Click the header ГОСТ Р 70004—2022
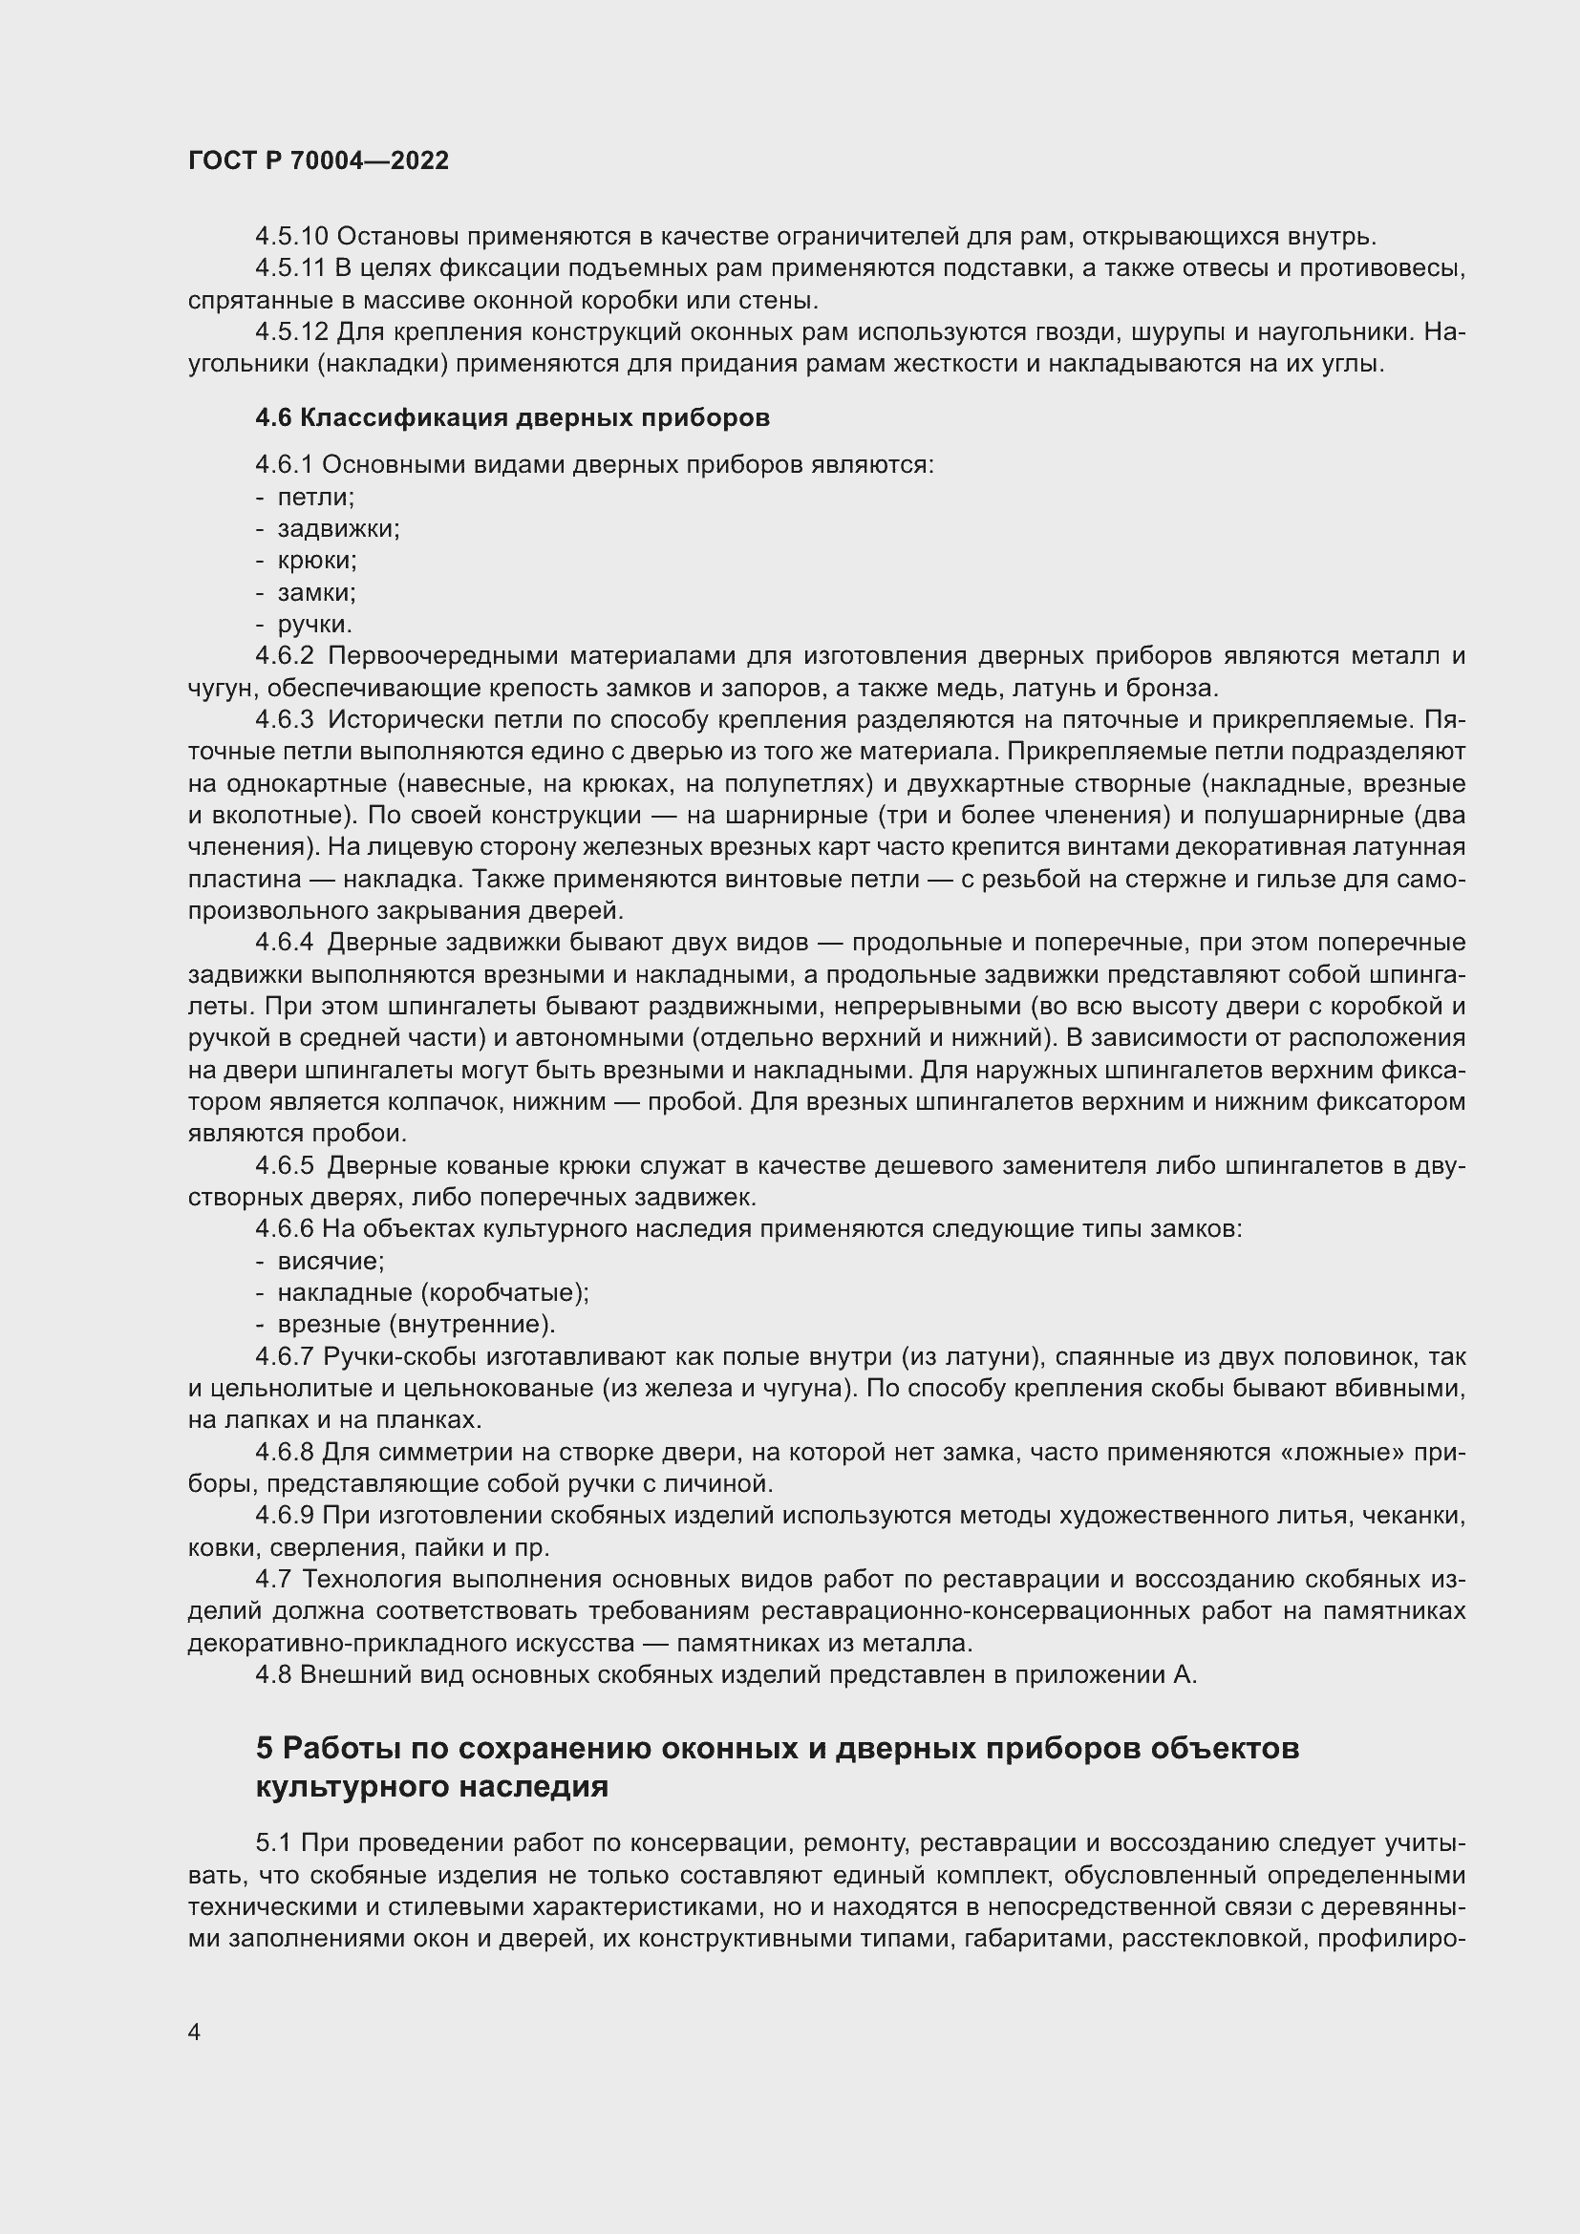(318, 161)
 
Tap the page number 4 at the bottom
(195, 2032)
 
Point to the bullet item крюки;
(316, 561)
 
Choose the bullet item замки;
(316, 592)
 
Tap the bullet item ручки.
(314, 624)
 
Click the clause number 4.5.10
(292, 237)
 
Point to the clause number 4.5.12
(292, 332)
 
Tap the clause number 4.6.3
(285, 720)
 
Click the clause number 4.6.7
(285, 1356)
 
